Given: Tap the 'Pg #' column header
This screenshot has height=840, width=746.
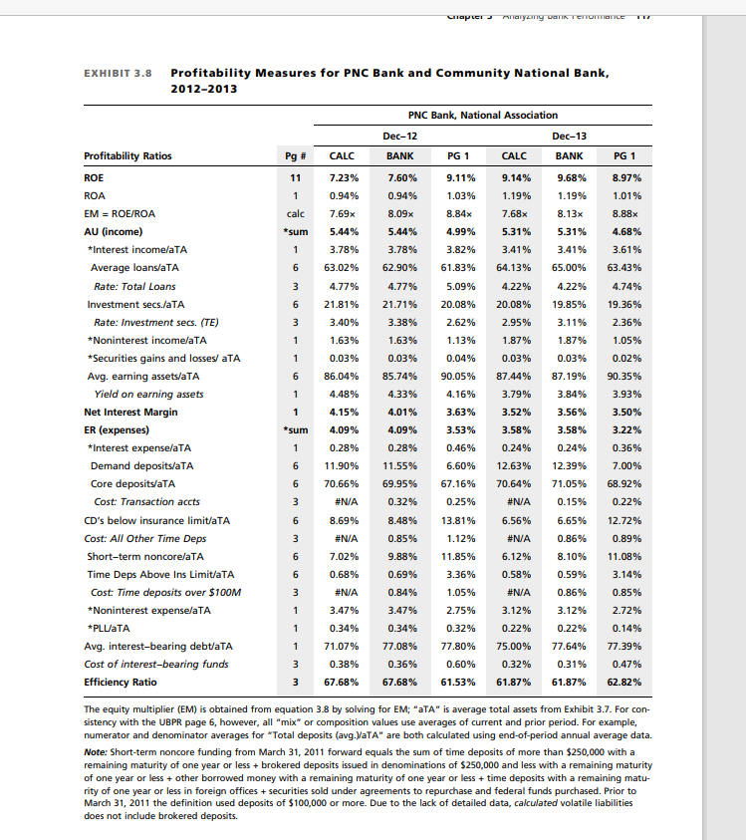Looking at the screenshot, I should [x=295, y=155].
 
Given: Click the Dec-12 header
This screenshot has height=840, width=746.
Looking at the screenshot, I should [x=399, y=135].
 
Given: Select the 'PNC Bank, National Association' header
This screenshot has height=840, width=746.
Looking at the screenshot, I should [x=483, y=115].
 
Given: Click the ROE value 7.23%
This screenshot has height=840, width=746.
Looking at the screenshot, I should [x=343, y=176].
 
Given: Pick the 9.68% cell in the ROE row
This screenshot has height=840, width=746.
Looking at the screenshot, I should [x=569, y=176].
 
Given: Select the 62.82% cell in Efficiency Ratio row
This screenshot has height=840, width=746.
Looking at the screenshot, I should [x=624, y=682].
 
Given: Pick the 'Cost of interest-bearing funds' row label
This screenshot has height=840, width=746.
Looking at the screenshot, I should [x=157, y=665].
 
